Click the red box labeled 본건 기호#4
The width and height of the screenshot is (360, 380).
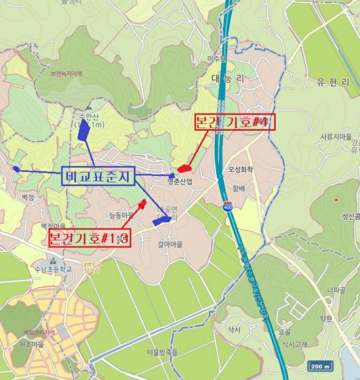pos(235,123)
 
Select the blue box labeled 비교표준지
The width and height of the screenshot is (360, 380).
pos(98,176)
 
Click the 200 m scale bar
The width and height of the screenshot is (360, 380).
pos(319,366)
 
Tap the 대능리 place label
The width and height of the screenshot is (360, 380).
pos(228,79)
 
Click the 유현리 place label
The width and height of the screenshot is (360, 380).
pos(334,83)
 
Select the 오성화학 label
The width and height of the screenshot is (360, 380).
pos(241,169)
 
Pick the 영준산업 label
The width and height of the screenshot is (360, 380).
pos(180,182)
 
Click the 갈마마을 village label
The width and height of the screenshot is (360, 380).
pos(171,244)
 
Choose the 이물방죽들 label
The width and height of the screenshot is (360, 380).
pos(162,352)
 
